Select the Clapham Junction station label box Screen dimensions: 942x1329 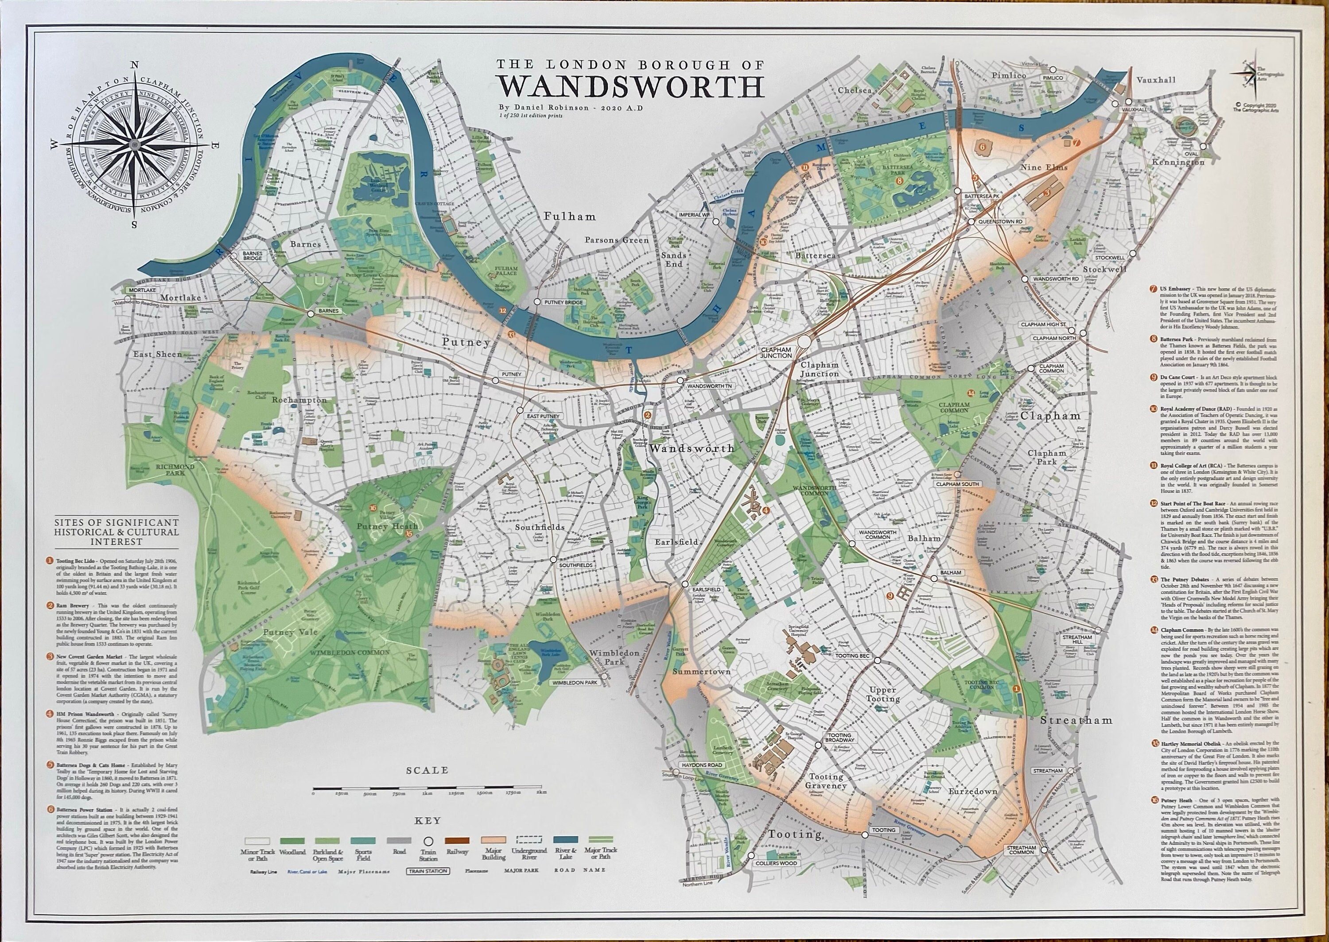coord(776,352)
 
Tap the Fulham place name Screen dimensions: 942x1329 coord(570,216)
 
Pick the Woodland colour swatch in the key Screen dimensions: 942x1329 coord(292,840)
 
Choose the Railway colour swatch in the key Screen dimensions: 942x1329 coord(457,840)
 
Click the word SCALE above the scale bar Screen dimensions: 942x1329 coord(427,770)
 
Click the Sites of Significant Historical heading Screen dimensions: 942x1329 coord(116,531)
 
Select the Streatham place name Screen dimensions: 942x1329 coord(1076,720)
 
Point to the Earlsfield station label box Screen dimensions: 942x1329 coord(706,589)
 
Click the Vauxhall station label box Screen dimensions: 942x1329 coord(1134,109)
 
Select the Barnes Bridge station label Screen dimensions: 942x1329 coord(253,256)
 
